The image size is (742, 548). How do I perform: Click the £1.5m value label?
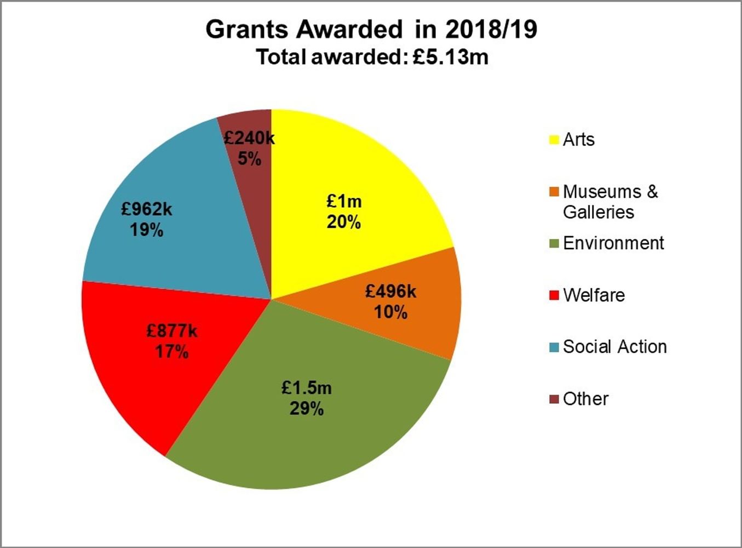coord(307,388)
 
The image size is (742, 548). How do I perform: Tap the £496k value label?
coord(390,292)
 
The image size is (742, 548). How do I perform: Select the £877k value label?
coord(171,331)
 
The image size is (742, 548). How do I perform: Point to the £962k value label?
coord(147,209)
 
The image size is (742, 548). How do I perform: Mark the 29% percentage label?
coord(307,409)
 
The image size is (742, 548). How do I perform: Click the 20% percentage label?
coord(344,222)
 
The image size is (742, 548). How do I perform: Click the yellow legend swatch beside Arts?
coord(554,140)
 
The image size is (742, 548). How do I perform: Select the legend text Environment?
coord(613,243)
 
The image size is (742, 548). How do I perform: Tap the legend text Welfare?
coord(594,295)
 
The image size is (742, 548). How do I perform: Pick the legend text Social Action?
coord(614,347)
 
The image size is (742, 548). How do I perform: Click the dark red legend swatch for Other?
coord(554,399)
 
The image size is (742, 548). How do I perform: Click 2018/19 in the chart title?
coord(491,30)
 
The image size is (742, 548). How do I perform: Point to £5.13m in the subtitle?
coord(450,57)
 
